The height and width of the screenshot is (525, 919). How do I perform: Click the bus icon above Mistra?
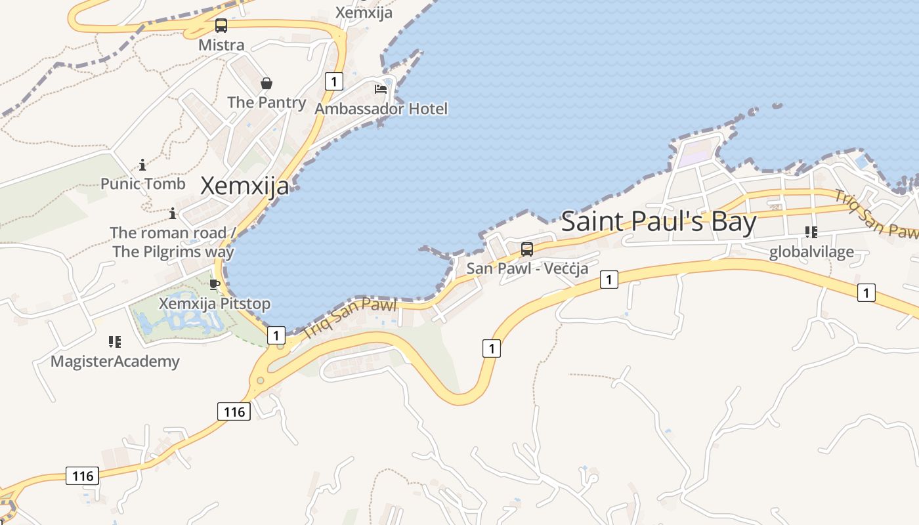point(221,26)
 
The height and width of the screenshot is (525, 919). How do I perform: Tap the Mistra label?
point(221,45)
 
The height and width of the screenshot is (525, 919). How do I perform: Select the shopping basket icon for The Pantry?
point(267,83)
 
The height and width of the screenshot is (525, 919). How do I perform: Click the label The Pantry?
point(267,102)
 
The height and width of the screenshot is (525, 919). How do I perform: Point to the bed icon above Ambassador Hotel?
point(381,89)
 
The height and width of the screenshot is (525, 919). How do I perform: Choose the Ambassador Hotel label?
point(381,109)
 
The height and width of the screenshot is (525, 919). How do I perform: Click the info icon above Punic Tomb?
point(142,165)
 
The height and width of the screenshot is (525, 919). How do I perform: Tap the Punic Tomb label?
point(143,184)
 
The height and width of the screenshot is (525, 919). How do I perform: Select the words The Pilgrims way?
point(173,251)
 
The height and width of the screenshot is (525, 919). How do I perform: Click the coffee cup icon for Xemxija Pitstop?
point(214,284)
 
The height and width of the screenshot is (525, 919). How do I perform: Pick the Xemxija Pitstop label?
point(215,304)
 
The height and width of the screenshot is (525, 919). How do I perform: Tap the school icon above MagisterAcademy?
point(115,342)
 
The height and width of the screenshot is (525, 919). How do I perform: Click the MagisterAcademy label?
point(115,362)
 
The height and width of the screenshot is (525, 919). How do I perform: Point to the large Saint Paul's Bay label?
point(658,222)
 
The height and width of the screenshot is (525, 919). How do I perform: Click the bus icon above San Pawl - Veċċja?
point(527,249)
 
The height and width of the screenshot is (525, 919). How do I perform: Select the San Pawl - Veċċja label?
point(527,268)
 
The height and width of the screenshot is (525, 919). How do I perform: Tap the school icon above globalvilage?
point(811,232)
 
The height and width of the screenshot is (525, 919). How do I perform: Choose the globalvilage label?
point(811,252)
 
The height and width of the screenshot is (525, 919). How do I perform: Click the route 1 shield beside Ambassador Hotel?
point(334,81)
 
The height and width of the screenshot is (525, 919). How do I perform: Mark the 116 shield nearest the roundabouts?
point(234,411)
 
